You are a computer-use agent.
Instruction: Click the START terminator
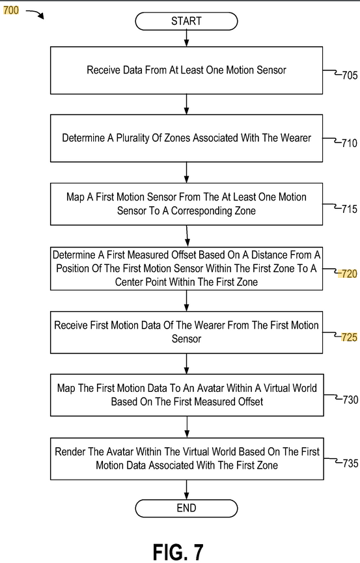[x=186, y=21]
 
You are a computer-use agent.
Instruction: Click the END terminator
[x=186, y=508]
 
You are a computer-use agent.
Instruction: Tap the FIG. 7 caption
[x=178, y=551]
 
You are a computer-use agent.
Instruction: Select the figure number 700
[x=11, y=10]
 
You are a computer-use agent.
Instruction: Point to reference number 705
[x=350, y=76]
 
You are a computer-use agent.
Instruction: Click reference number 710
[x=349, y=143]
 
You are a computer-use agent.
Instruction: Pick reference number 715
[x=349, y=209]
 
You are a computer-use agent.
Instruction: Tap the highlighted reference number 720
[x=349, y=274]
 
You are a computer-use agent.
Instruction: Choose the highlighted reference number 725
[x=349, y=337]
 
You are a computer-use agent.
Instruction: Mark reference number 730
[x=350, y=400]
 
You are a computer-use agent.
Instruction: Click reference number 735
[x=350, y=463]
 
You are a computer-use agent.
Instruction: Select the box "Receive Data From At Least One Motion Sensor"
[x=186, y=70]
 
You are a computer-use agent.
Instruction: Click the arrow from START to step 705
[x=186, y=38]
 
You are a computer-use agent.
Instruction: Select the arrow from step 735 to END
[x=186, y=489]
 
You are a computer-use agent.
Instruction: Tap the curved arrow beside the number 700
[x=35, y=14]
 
